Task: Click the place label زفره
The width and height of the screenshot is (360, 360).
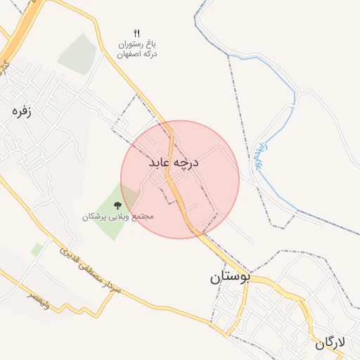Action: [x=22, y=110]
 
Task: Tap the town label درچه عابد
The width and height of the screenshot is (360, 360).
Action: [x=174, y=163]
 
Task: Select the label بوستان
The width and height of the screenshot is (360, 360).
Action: [x=230, y=277]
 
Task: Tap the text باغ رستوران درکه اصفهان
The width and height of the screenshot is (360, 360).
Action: [x=137, y=49]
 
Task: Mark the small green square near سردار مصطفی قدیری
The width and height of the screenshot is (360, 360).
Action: [x=37, y=249]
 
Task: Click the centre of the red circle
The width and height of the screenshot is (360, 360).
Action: [x=180, y=179]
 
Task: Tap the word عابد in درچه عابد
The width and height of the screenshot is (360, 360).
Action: [x=161, y=163]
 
